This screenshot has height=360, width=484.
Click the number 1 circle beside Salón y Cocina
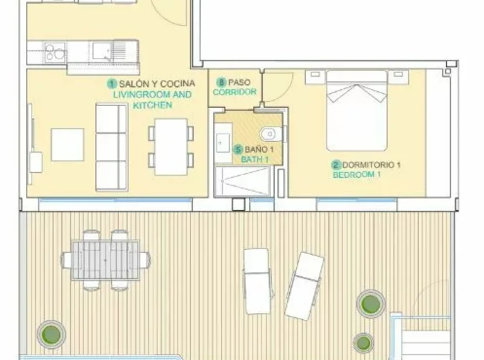[x=112, y=83]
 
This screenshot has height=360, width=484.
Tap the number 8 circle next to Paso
[x=221, y=82]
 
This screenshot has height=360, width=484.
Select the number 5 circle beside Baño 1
[x=238, y=149]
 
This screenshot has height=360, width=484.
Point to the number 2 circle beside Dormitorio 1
[x=336, y=165]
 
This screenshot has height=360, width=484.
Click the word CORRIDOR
[x=235, y=92]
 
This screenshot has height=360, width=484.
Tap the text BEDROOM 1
[x=357, y=175]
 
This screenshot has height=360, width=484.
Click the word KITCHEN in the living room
[x=152, y=106]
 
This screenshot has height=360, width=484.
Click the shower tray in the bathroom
[x=242, y=181]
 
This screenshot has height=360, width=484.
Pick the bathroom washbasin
[x=223, y=142]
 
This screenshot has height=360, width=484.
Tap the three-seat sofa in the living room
[x=111, y=147]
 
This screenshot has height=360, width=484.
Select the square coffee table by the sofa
[x=67, y=145]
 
